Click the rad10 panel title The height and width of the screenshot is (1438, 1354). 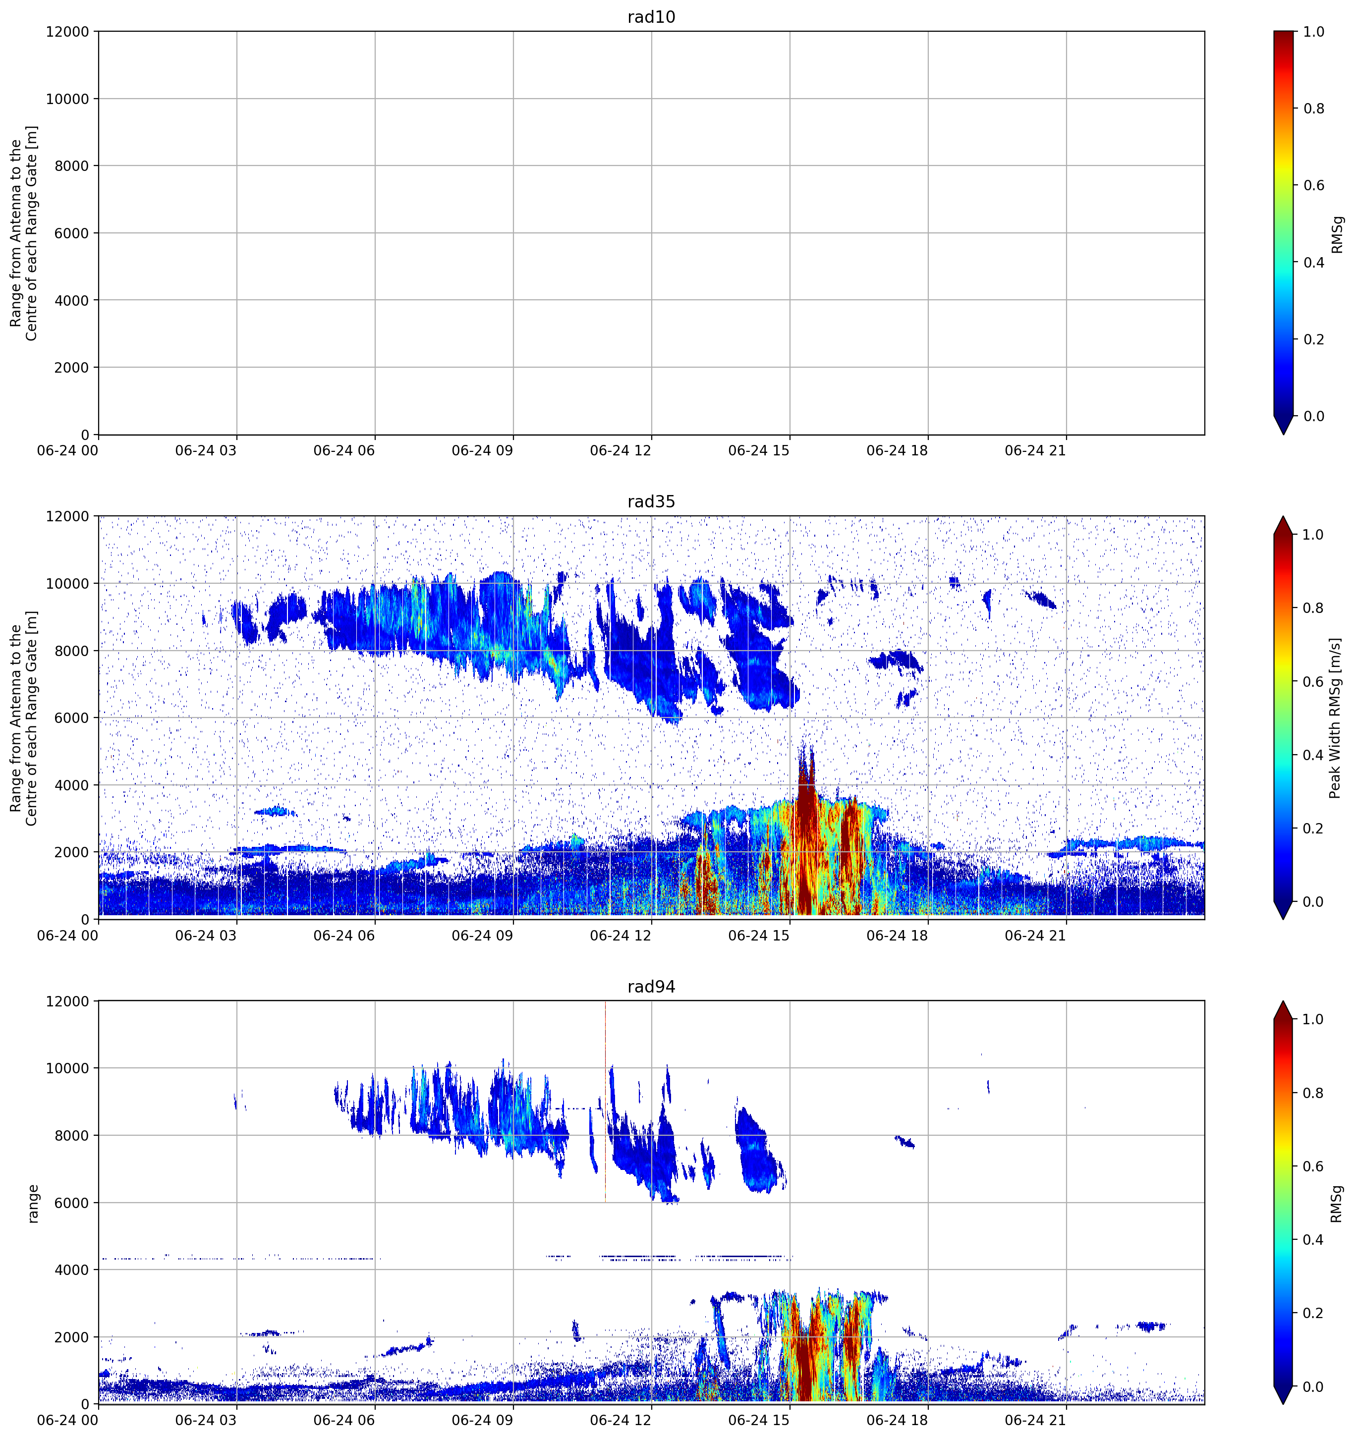651,17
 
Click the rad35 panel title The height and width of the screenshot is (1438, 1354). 651,501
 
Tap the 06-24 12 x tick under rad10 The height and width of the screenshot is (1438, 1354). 621,450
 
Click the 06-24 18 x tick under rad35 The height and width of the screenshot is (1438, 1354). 897,935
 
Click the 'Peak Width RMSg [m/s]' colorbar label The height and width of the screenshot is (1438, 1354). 1335,718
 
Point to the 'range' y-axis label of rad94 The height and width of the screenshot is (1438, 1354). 33,1204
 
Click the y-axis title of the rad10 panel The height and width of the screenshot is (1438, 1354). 23,233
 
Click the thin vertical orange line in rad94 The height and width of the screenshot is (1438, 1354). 606,1101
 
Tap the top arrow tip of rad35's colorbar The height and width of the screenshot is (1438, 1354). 1283,516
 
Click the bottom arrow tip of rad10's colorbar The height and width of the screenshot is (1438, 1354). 1283,434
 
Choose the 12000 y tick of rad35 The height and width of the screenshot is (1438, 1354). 67,516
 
